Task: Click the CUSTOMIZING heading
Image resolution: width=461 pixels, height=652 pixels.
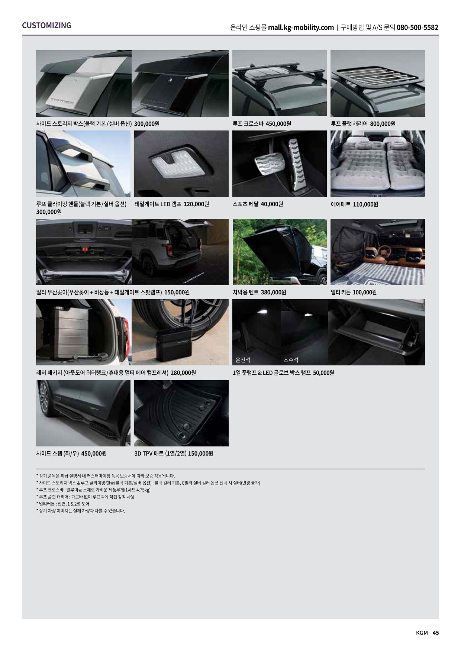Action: pos(46,25)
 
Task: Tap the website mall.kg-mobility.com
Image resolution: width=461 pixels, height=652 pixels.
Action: pos(301,28)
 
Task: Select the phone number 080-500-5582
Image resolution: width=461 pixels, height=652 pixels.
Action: pos(418,28)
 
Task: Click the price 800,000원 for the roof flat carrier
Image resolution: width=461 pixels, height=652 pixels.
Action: pos(383,124)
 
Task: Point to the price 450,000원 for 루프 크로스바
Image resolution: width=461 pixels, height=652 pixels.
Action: pos(278,124)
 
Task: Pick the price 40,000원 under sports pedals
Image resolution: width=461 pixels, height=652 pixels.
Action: pos(272,204)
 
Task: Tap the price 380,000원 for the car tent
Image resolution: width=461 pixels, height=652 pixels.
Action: pos(274,292)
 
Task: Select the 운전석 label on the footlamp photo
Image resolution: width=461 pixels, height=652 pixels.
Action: pos(243,360)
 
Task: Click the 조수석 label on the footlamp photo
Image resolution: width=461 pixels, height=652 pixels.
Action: pos(291,360)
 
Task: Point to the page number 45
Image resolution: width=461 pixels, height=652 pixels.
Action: pos(436,633)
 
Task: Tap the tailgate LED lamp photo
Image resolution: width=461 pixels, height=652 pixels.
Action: pos(181,164)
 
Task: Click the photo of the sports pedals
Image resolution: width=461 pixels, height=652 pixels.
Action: pos(280,164)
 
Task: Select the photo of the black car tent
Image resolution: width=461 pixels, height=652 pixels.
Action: pos(280,252)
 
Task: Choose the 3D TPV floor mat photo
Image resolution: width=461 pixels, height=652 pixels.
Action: pos(181,413)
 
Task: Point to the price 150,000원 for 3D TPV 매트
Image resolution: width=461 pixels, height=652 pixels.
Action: pos(201,454)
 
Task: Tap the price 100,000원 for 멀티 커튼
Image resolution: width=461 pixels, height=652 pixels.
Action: pos(364,292)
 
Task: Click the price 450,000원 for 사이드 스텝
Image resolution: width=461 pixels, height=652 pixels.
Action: pos(94,454)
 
